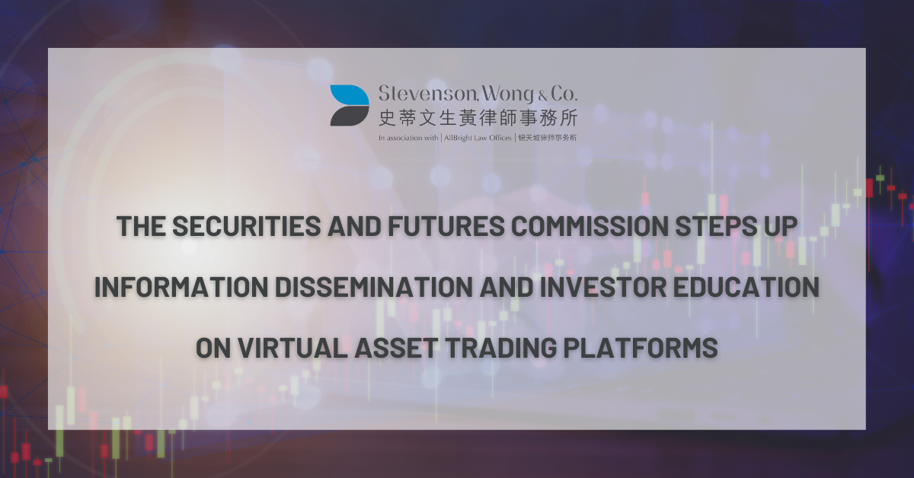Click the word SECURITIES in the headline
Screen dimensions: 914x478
(x=247, y=226)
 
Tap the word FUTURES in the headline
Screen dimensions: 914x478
(x=446, y=226)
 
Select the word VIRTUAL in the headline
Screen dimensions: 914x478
(x=292, y=348)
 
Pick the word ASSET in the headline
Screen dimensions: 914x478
(x=396, y=348)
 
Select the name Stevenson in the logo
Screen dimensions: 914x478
(x=427, y=94)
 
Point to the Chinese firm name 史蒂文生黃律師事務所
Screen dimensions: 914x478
(x=478, y=118)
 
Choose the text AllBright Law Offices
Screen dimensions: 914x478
(x=478, y=138)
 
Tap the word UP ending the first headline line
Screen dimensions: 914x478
(x=780, y=226)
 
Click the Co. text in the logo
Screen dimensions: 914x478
(x=564, y=94)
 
